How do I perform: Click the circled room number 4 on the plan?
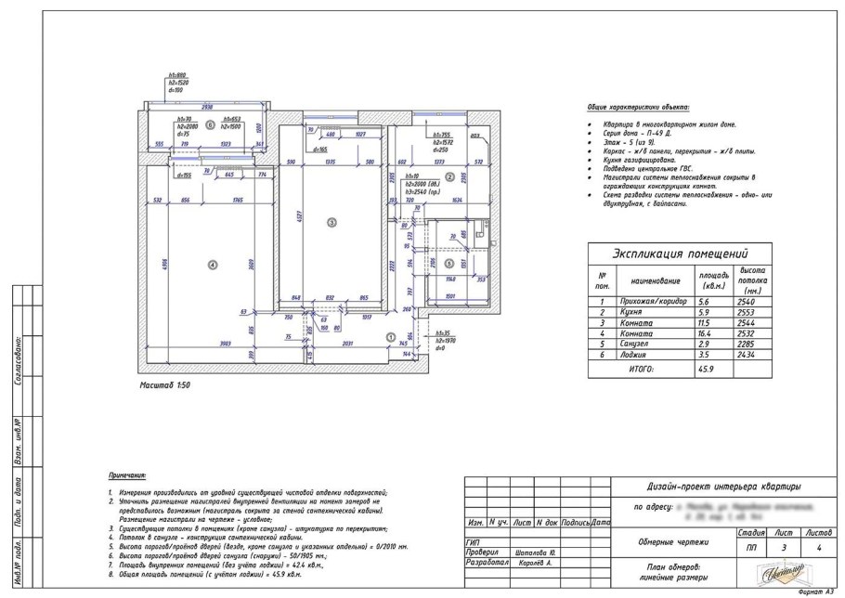click(x=214, y=266)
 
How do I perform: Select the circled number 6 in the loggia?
click(x=210, y=123)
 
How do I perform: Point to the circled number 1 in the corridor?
click(x=390, y=336)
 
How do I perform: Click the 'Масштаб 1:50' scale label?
click(x=164, y=382)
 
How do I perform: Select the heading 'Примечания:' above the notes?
click(x=127, y=474)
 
